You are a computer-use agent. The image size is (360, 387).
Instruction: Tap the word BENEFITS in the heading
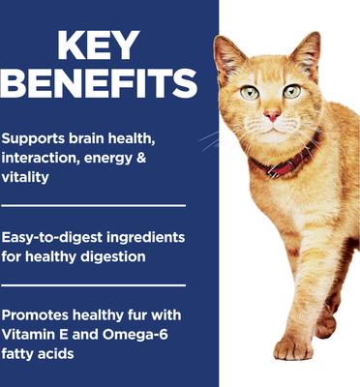(107, 88)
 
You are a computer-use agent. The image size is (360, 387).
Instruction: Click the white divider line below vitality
(93, 205)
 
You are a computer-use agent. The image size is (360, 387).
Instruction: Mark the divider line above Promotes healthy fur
(93, 285)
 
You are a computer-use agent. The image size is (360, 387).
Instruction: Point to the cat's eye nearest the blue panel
(251, 92)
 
